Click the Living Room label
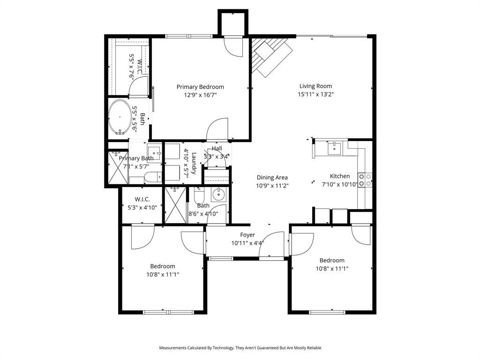(315, 86)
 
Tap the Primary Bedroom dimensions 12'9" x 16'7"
(200, 95)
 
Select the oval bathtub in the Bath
(120, 117)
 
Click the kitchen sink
(335, 149)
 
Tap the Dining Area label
(272, 178)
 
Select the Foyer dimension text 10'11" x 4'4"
(247, 243)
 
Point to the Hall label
(217, 149)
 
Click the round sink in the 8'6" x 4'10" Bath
(218, 194)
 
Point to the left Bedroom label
(162, 266)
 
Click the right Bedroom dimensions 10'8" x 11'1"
(331, 269)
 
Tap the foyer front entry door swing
(272, 244)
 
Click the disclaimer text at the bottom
(240, 348)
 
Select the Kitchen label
(339, 176)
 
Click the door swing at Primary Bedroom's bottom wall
(218, 129)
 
